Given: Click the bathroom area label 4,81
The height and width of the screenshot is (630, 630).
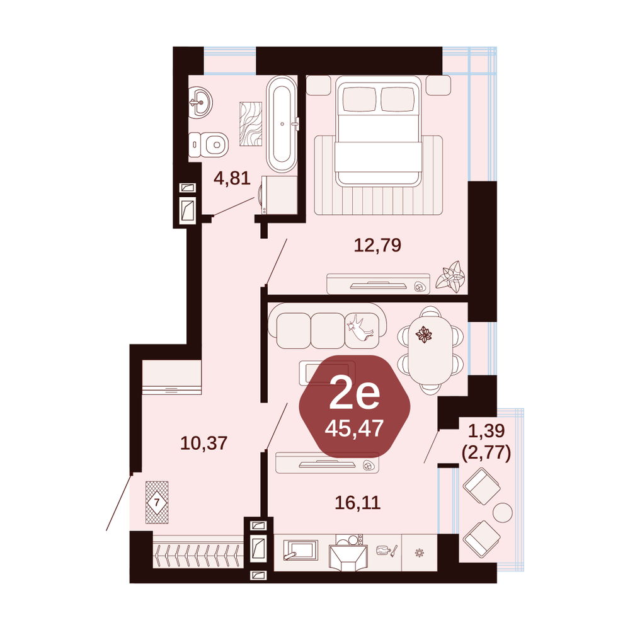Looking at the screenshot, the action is click(x=232, y=178).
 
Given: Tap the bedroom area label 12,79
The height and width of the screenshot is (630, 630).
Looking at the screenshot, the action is click(x=377, y=244).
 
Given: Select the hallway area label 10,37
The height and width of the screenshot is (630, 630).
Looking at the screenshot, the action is click(x=203, y=443).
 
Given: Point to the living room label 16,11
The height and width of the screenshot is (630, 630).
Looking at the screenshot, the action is click(x=358, y=502).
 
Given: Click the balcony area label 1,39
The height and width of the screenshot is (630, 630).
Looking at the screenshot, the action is click(x=486, y=430).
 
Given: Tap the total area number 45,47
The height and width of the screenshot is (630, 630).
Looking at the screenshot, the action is click(x=354, y=428).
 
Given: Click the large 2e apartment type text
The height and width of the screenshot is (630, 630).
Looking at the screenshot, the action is click(x=354, y=395).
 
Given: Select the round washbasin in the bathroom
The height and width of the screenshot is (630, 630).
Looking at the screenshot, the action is click(x=200, y=103).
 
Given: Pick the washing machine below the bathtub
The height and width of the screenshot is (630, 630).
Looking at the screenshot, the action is click(x=279, y=195).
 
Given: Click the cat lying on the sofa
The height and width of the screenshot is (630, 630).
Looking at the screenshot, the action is click(x=361, y=326).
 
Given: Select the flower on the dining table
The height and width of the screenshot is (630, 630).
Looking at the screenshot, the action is click(x=423, y=335).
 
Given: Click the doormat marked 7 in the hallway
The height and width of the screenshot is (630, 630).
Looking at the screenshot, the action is click(x=157, y=502).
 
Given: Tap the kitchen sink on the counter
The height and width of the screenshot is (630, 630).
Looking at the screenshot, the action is click(x=300, y=550).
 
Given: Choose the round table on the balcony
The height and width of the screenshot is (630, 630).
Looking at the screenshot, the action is click(x=503, y=512).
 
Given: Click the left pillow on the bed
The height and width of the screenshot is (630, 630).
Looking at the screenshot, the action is click(x=359, y=100).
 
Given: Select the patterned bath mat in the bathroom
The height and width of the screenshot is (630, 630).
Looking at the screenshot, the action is click(x=251, y=124).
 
